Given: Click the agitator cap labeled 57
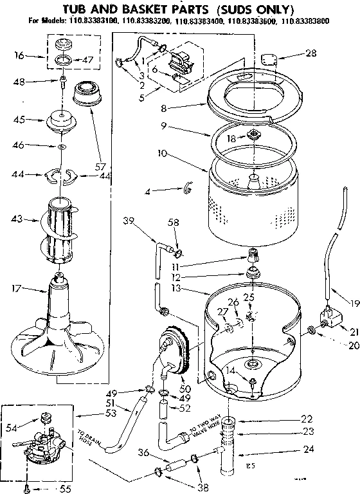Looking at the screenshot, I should [85, 91].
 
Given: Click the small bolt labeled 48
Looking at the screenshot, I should [63, 82].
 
